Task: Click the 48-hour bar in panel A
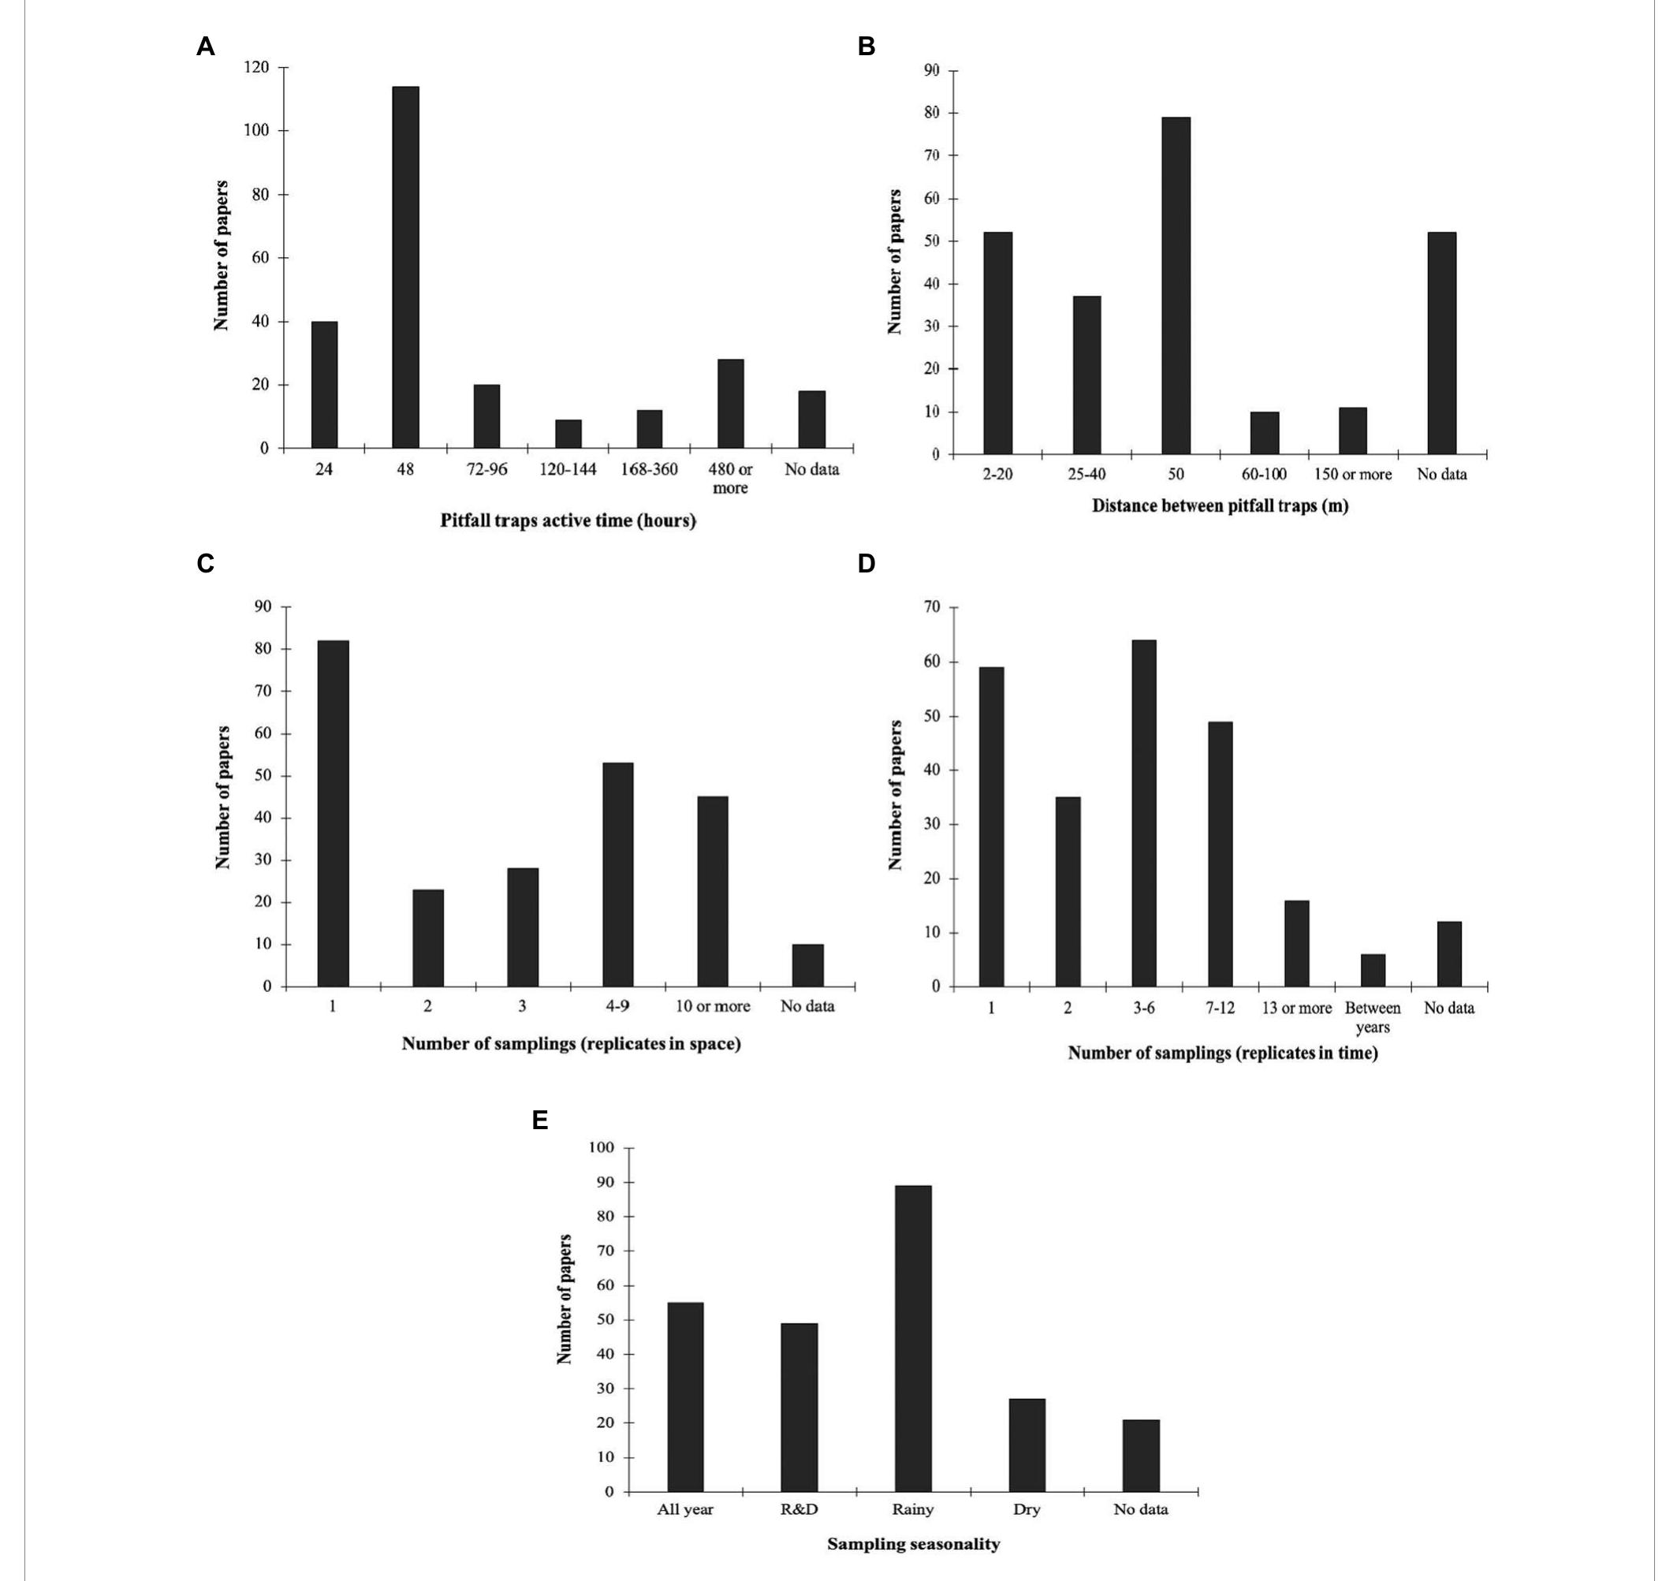[405, 267]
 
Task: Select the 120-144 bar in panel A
[568, 434]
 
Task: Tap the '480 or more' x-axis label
[730, 479]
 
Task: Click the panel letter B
[867, 47]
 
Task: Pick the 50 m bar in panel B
[1176, 285]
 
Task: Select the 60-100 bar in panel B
[1264, 433]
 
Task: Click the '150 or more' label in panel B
[1352, 475]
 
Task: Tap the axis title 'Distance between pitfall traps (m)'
[1220, 505]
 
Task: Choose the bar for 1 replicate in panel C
[333, 813]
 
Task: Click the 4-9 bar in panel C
[617, 874]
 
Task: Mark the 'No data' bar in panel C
[807, 965]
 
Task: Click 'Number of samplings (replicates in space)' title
[571, 1043]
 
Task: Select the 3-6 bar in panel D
[1143, 813]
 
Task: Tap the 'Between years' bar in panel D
[1373, 970]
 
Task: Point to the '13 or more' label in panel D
[1296, 1008]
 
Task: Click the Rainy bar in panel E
[913, 1338]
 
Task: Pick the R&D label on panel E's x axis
[799, 1509]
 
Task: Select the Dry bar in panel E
[1027, 1445]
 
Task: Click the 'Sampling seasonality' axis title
[913, 1544]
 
